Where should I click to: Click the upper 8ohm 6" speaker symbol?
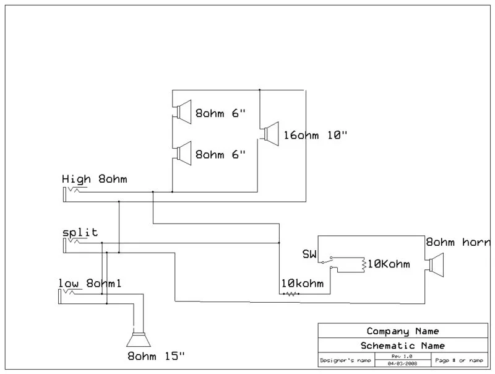[183, 112]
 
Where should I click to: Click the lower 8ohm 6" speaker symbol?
[183, 152]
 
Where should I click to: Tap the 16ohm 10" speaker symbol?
[270, 134]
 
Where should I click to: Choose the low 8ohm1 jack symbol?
[69, 295]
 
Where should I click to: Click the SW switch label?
[309, 254]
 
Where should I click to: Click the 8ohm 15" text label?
[155, 356]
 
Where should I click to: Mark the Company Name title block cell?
[403, 331]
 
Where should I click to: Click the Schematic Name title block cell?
[403, 345]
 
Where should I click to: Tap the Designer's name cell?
[345, 360]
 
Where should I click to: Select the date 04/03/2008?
[403, 363]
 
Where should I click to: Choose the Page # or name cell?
[458, 360]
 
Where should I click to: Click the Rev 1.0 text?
[403, 356]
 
